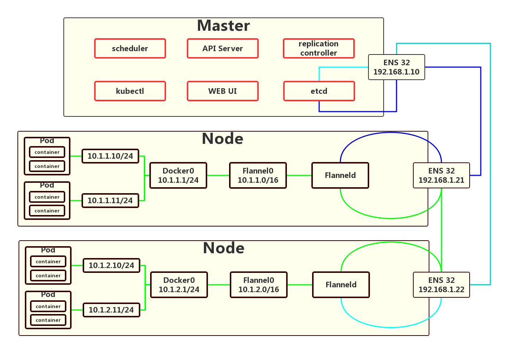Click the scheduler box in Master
point(130,49)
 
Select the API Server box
point(223,49)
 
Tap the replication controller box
point(319,49)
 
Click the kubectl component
point(130,91)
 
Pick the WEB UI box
point(223,91)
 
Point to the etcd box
point(319,91)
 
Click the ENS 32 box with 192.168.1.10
point(397,67)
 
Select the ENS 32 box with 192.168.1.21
point(441,175)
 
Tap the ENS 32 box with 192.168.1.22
point(441,285)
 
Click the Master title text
point(224,26)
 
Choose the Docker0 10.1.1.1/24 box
point(178,175)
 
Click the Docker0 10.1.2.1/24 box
point(179,285)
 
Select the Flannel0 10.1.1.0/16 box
point(258,175)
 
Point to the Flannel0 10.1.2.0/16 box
point(259,285)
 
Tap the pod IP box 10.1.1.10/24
point(110,156)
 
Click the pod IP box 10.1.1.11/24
point(110,201)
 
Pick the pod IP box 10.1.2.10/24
point(112,265)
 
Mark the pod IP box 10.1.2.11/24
point(112,310)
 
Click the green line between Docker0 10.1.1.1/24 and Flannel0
point(218,175)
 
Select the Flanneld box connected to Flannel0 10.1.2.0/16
point(341,285)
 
